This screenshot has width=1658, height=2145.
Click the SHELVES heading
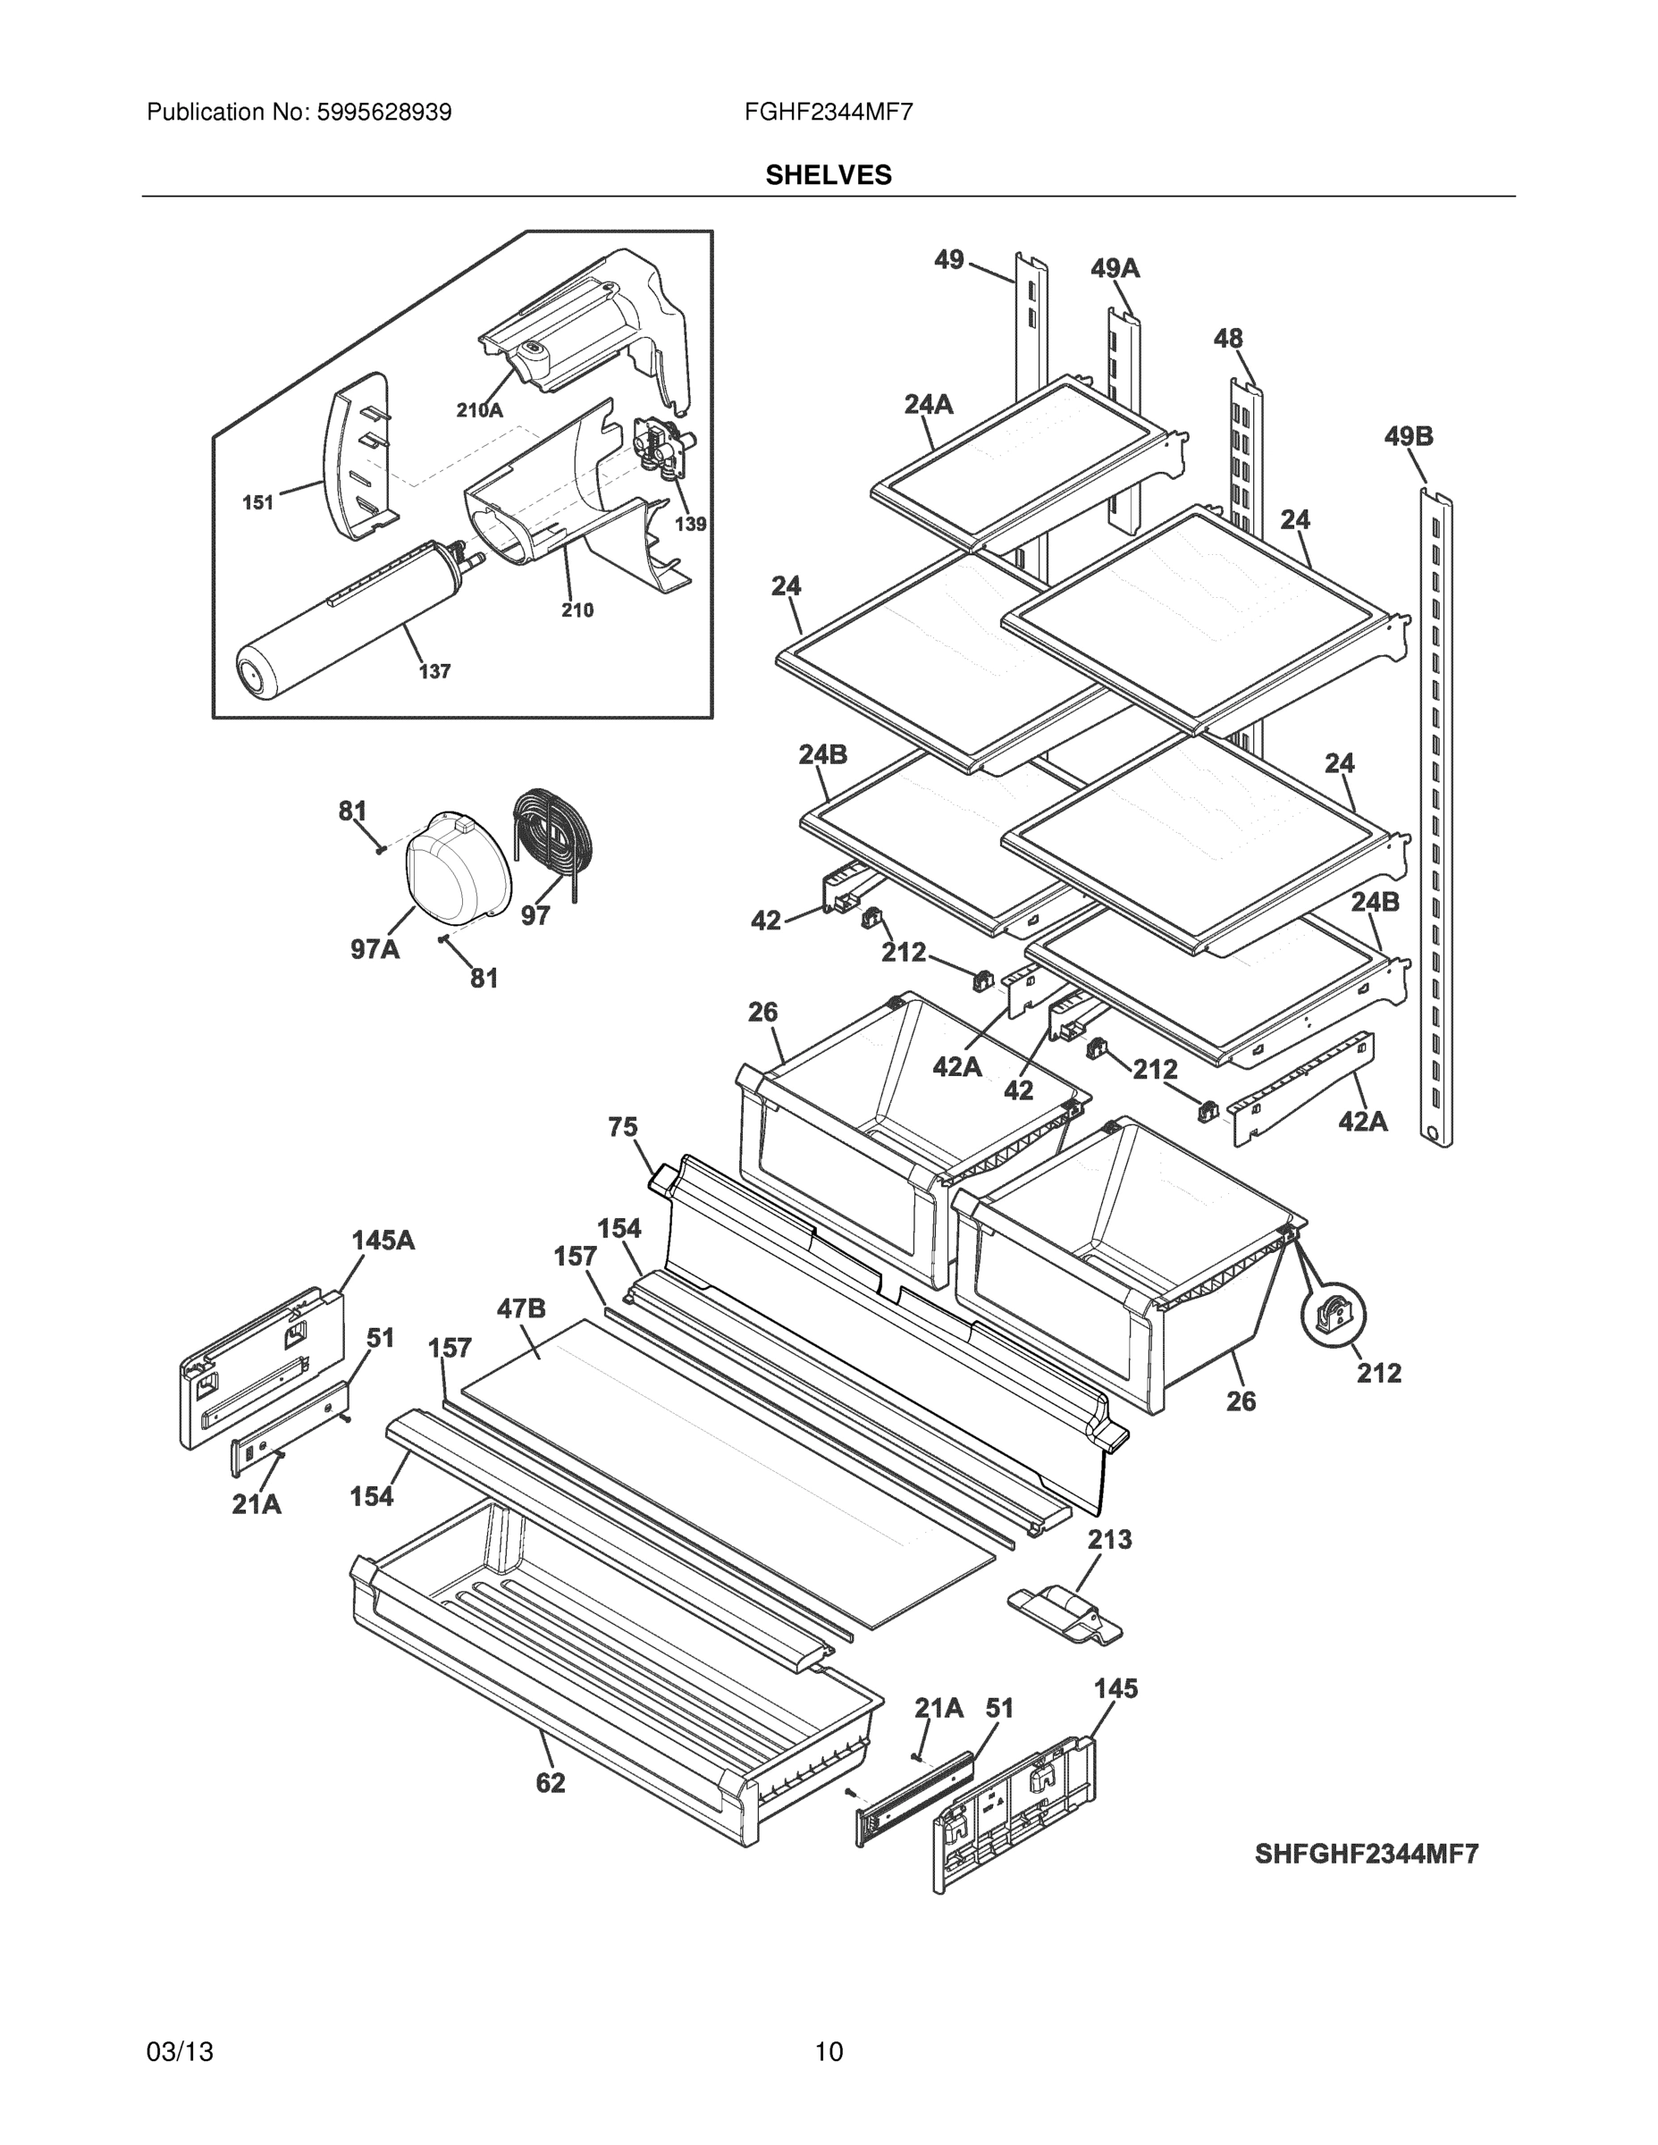(x=828, y=175)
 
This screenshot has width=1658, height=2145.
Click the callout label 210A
(x=478, y=410)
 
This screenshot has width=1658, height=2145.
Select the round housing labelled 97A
(x=456, y=871)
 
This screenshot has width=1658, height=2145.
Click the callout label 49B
(x=1408, y=436)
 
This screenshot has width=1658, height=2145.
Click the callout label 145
(x=1115, y=1688)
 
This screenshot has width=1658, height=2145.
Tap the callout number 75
(x=622, y=1128)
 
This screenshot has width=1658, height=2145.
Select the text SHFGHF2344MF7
(x=1366, y=1854)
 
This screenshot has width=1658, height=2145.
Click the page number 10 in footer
(x=828, y=2052)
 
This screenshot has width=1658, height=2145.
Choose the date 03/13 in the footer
(x=180, y=2052)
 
